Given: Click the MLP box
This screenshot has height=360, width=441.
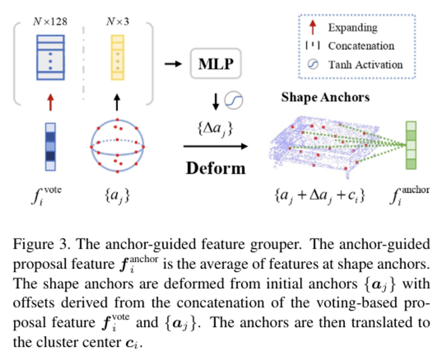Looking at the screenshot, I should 215,64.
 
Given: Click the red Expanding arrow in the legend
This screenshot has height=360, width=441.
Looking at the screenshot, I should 313,28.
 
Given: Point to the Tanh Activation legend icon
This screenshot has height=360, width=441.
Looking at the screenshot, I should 313,65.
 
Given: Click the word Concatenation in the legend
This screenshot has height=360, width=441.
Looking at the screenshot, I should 361,46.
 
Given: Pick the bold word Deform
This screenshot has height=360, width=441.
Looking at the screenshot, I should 215,167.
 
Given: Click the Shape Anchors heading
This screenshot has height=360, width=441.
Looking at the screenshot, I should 325,97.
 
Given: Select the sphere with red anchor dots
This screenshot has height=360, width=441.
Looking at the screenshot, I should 117,145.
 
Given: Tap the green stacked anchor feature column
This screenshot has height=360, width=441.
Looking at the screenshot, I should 411,145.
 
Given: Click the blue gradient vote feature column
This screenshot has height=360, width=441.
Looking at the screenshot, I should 50,147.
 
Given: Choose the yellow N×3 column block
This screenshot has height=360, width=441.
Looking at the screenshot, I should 117,57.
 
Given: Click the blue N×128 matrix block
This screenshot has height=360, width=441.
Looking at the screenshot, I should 50,57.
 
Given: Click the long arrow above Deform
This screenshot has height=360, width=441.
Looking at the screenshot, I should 215,147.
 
